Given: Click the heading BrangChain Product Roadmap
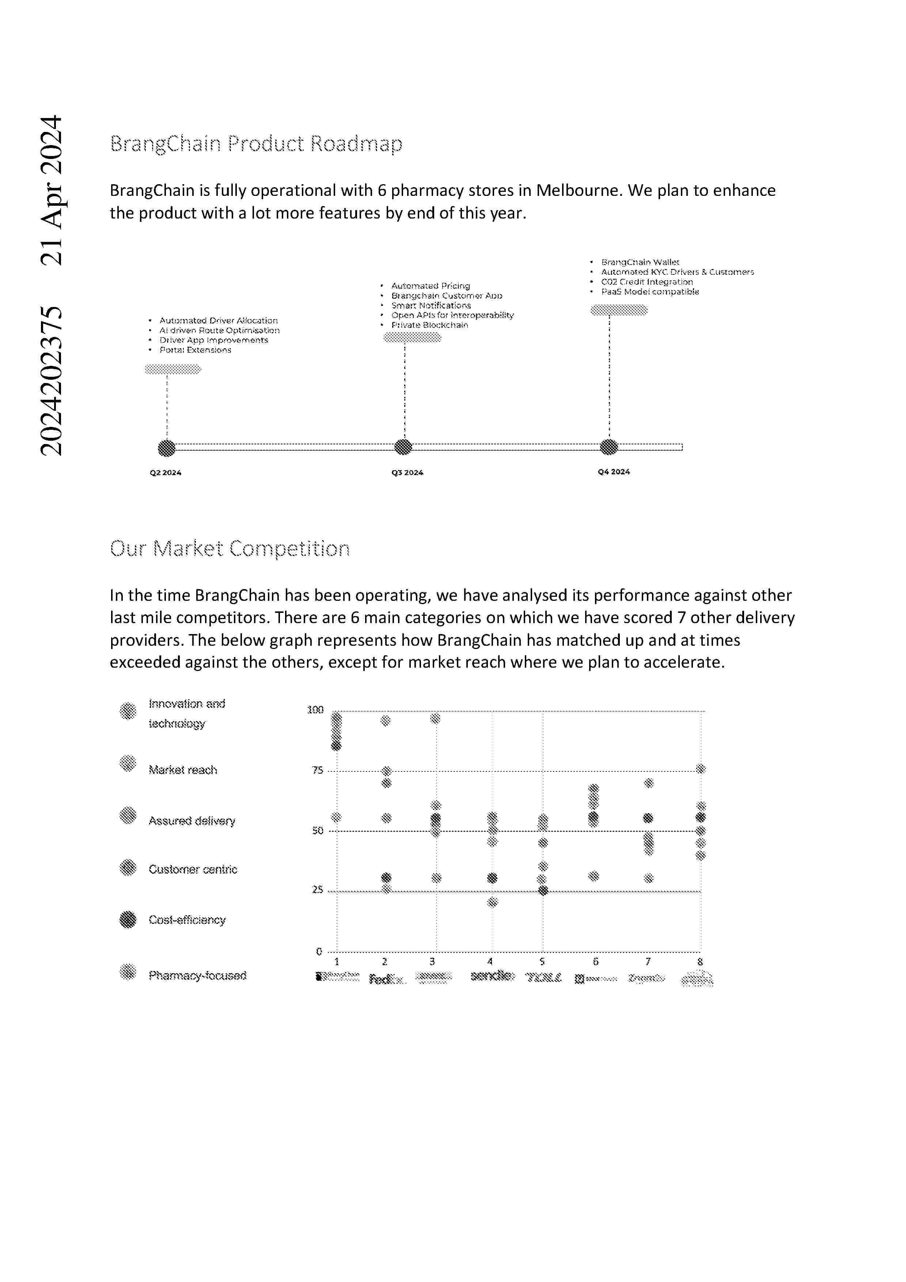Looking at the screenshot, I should click(256, 144).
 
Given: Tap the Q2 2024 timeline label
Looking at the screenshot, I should click(165, 473).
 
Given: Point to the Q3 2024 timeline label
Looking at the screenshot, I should click(407, 473).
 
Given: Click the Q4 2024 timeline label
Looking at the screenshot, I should click(614, 472).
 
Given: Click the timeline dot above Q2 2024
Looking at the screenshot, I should click(166, 448).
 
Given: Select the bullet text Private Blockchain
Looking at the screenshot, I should click(429, 325).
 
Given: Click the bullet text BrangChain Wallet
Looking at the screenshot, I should click(640, 262).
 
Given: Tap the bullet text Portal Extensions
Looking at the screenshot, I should click(195, 350).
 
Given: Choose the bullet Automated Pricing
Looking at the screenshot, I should click(431, 286).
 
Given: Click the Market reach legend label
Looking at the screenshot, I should click(182, 770).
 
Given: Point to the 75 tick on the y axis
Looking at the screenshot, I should click(317, 770).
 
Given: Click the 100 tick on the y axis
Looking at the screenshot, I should click(315, 710).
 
